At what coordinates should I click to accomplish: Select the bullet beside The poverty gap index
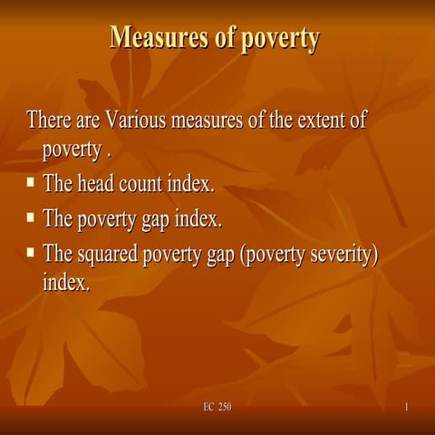pos(31,217)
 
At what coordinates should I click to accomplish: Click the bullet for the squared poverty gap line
pos(31,252)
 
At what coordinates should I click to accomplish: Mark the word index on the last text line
pos(66,282)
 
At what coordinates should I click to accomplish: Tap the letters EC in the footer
pos(208,408)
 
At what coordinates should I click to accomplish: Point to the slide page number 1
pos(407,408)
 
